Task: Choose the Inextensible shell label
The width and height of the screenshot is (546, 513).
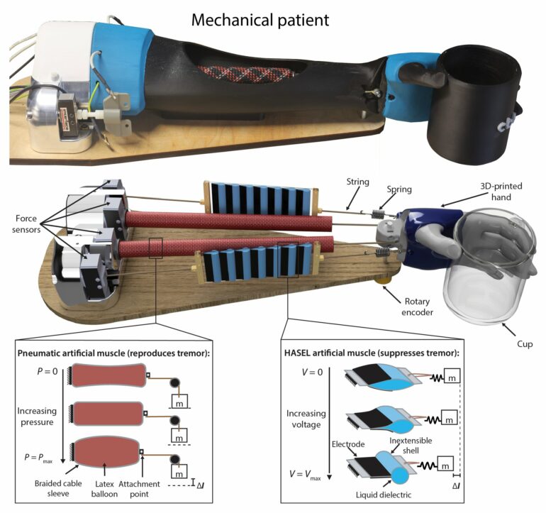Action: (412, 446)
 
